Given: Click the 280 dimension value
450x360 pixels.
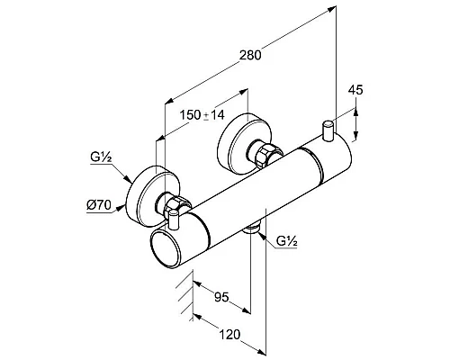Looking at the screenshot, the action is tap(250, 55).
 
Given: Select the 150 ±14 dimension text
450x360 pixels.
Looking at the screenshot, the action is tap(202, 115).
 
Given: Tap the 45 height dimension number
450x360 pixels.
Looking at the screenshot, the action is tap(355, 90).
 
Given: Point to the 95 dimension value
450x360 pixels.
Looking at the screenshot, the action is tap(221, 297).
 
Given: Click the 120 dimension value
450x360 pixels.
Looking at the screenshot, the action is tap(230, 335).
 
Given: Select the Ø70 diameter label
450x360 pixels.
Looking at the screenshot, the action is tap(99, 205).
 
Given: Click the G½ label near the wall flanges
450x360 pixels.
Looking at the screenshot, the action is tap(101, 157).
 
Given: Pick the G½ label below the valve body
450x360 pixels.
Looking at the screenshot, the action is tap(287, 241).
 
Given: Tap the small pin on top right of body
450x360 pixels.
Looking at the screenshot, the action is tap(328, 130).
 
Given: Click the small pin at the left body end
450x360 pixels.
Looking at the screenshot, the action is tap(174, 220).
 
